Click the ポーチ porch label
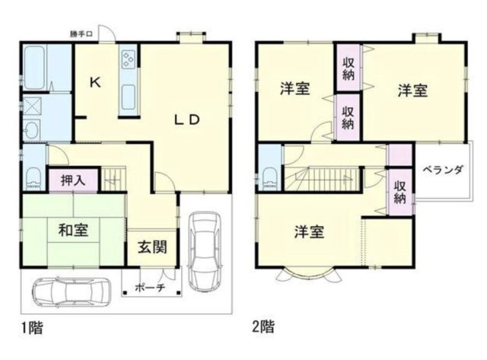pyautogui.click(x=150, y=289)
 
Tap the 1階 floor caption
pyautogui.click(x=31, y=328)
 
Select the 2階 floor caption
pyautogui.click(x=263, y=328)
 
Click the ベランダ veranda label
pyautogui.click(x=443, y=170)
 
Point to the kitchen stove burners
pyautogui.click(x=127, y=58)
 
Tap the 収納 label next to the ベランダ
pyautogui.click(x=400, y=190)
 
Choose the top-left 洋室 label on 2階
pyautogui.click(x=294, y=89)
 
